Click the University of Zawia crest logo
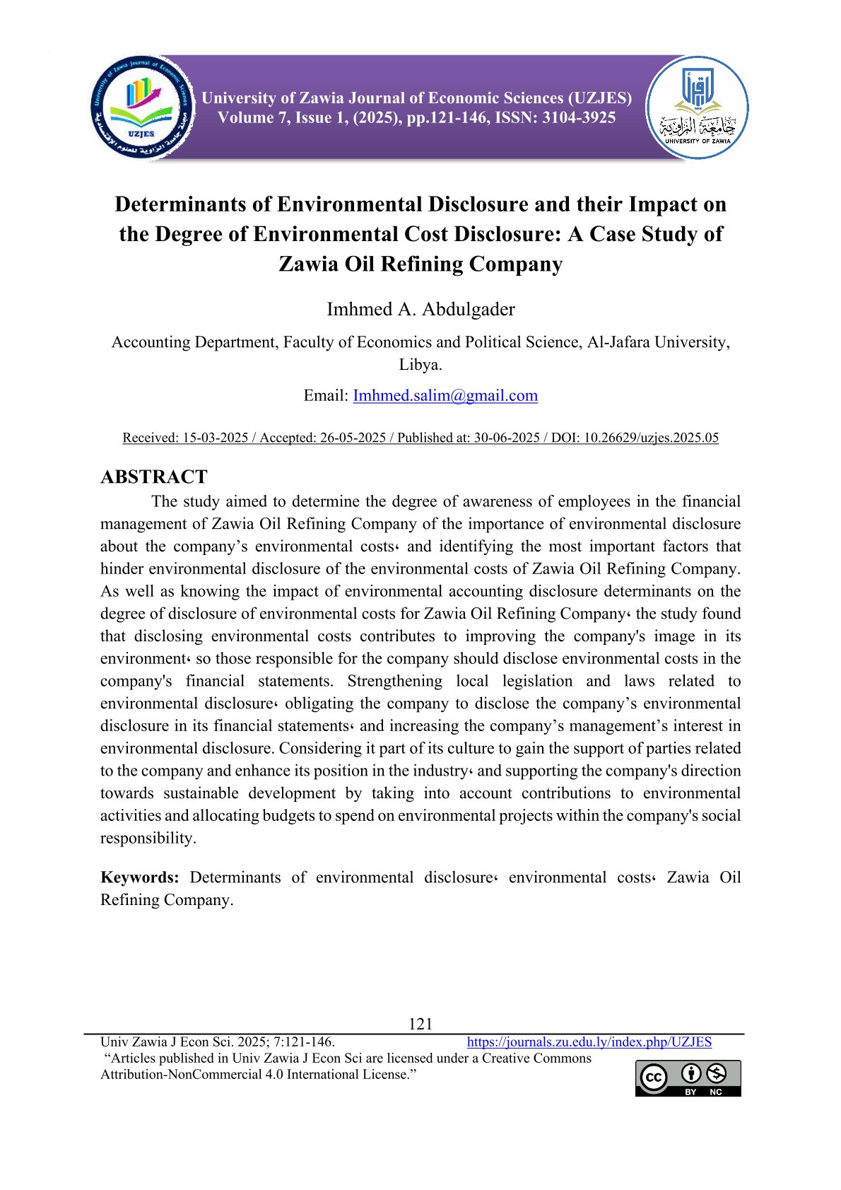pos(698,107)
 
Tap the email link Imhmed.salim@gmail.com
pos(445,395)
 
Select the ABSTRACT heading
pos(154,477)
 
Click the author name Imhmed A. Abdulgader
pos(420,309)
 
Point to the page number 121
pos(420,1023)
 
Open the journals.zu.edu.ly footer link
pos(589,1042)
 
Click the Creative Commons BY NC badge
pos(688,1078)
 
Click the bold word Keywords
pos(140,877)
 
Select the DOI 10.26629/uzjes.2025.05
pos(651,438)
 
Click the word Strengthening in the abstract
pos(394,681)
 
